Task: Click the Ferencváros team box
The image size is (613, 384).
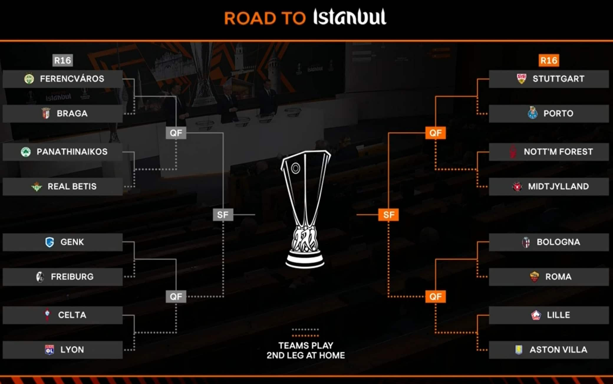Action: click(x=62, y=79)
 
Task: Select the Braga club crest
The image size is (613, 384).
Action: click(x=46, y=114)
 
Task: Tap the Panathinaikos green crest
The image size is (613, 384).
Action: click(x=26, y=152)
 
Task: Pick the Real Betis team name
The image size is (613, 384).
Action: click(x=72, y=186)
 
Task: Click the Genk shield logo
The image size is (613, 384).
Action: click(x=50, y=242)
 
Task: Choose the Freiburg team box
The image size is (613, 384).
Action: click(x=62, y=277)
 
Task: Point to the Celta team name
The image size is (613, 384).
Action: click(x=72, y=315)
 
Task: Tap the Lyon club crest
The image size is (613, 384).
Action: click(x=50, y=350)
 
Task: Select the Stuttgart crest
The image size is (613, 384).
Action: click(x=522, y=79)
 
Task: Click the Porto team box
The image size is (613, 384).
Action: click(x=549, y=114)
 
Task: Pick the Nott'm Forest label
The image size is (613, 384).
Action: click(x=558, y=152)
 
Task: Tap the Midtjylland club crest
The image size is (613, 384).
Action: click(x=517, y=186)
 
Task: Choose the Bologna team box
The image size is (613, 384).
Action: click(x=549, y=242)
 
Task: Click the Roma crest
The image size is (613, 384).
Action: click(x=534, y=277)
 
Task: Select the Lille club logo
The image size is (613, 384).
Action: click(x=536, y=315)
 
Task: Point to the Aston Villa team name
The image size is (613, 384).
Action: click(x=558, y=350)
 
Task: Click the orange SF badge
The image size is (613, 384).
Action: click(x=388, y=215)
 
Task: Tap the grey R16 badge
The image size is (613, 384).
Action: click(x=62, y=60)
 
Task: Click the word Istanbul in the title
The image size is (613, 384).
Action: click(x=350, y=17)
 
